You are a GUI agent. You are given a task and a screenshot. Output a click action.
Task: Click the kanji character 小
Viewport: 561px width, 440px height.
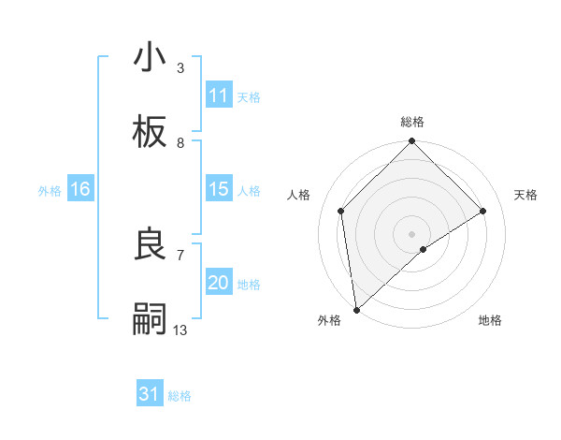[150, 58]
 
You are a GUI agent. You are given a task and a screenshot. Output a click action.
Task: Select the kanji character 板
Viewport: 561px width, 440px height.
[150, 132]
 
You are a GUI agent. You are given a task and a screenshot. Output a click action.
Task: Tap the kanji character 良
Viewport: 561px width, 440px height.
[150, 244]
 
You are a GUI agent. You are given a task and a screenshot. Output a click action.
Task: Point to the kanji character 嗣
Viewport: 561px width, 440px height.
[150, 319]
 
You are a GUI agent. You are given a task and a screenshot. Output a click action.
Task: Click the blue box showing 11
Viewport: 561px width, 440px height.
[218, 95]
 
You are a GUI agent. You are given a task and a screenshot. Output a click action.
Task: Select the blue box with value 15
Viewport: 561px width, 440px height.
[218, 189]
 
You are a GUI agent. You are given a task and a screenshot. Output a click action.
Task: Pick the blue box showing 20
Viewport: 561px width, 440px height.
[218, 283]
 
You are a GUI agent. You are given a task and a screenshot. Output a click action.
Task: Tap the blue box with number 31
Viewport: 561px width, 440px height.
[150, 394]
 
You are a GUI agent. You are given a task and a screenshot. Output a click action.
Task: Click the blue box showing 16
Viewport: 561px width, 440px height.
[80, 189]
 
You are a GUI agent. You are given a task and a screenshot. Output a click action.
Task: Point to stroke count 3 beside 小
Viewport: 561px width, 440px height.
[180, 68]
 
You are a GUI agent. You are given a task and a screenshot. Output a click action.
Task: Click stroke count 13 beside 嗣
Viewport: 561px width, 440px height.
[180, 330]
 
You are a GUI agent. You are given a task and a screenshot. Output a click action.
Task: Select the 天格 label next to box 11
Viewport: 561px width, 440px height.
[249, 96]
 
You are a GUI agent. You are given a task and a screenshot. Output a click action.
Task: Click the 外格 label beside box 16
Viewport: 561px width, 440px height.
[50, 190]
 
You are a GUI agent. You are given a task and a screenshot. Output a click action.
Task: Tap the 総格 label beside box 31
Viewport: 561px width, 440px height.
[180, 396]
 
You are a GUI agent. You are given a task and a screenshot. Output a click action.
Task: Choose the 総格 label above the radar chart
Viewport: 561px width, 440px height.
[412, 122]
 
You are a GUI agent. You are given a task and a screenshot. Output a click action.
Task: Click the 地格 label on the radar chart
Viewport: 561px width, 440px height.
[490, 320]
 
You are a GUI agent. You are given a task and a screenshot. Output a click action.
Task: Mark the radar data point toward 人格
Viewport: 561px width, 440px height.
[341, 211]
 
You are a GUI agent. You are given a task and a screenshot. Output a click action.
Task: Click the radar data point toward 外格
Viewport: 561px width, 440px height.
[356, 310]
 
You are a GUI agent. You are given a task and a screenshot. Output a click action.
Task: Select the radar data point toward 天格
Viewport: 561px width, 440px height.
[483, 211]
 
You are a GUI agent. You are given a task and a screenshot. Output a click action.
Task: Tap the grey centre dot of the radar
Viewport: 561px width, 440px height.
[412, 233]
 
